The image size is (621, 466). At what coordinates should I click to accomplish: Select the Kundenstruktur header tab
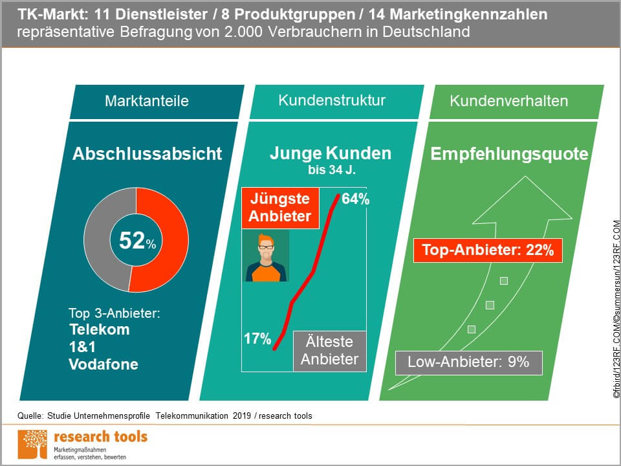332,100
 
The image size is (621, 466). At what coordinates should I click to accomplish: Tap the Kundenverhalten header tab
509,101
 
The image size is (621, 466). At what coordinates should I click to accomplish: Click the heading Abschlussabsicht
147,154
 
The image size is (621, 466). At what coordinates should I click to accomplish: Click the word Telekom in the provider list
99,329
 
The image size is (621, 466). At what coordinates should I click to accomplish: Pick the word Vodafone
103,364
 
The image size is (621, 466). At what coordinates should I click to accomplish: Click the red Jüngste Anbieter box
280,208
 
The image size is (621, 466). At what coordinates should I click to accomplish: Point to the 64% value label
355,199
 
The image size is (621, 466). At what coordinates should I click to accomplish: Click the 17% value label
257,338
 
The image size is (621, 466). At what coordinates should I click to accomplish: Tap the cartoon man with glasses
266,256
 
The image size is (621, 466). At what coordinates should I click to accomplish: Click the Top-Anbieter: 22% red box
488,250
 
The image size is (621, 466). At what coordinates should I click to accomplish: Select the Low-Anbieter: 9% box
468,362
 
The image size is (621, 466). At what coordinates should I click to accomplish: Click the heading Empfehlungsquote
510,154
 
